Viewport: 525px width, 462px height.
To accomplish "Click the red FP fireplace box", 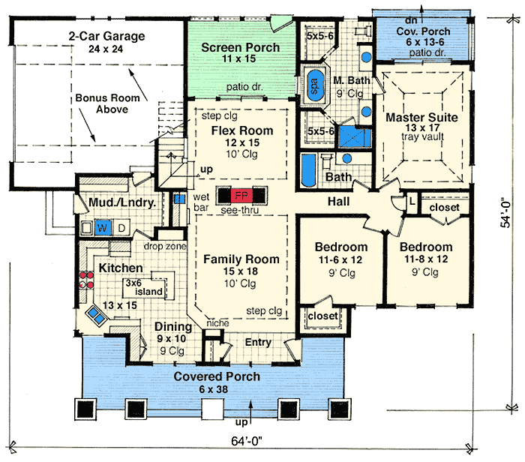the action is pos(241,195).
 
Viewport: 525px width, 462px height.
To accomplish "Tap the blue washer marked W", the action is pos(103,228).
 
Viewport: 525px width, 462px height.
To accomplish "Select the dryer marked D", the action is pos(121,228).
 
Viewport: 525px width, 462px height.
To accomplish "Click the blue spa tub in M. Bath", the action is pos(315,85).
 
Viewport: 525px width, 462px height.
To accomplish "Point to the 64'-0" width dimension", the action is pos(247,441).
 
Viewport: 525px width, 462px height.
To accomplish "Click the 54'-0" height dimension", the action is pos(506,214).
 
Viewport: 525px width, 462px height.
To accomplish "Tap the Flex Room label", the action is pos(242,130).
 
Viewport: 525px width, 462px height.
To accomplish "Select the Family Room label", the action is pos(241,259).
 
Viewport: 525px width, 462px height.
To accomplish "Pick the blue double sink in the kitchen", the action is pos(96,316).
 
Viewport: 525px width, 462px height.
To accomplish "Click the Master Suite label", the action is pos(421,118).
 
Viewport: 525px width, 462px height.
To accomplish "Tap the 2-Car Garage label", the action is pos(106,36).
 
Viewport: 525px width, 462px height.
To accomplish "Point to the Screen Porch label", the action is pos(241,47).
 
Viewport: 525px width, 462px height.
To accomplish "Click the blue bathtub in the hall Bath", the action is pos(308,170).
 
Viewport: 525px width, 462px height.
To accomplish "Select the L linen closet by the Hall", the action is pos(412,202).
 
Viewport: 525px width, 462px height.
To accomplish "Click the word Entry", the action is pos(258,342).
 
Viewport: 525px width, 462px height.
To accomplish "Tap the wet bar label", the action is pos(201,202).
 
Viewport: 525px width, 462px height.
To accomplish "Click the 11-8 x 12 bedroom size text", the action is pos(426,259).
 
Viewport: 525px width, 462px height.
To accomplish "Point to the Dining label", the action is pos(173,326).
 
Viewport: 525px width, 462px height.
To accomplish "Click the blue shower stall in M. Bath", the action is pos(355,137).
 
